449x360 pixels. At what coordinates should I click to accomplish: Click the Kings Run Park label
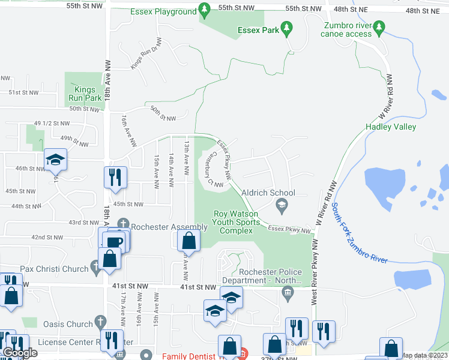[x=85, y=94]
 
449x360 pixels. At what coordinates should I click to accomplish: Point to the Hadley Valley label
[x=391, y=127]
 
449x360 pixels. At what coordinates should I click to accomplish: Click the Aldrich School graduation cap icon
[x=280, y=206]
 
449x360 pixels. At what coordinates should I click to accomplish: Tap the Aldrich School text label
[x=268, y=193]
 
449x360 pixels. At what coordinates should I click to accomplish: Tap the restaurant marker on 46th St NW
[x=113, y=177]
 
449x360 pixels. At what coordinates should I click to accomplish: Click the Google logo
[x=20, y=353]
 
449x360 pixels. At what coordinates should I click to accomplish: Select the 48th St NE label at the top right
[x=422, y=11]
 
